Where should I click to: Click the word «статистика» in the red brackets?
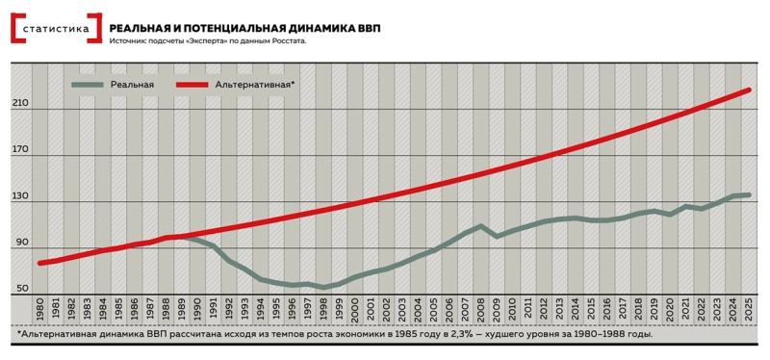click(55, 29)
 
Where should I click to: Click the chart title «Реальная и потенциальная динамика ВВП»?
click(244, 28)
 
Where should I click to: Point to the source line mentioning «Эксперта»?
click(208, 41)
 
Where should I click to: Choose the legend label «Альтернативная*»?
click(255, 86)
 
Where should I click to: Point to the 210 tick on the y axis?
click(21, 103)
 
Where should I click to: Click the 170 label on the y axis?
click(21, 149)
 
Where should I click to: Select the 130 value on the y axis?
click(21, 195)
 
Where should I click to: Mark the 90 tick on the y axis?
click(21, 242)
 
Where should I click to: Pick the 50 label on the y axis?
click(21, 288)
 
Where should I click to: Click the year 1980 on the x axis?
click(40, 309)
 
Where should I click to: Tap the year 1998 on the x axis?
click(324, 309)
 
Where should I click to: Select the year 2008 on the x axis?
click(481, 309)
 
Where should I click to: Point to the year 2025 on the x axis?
click(749, 309)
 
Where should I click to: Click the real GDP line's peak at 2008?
click(481, 226)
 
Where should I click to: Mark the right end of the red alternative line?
click(749, 90)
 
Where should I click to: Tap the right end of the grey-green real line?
click(749, 194)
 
